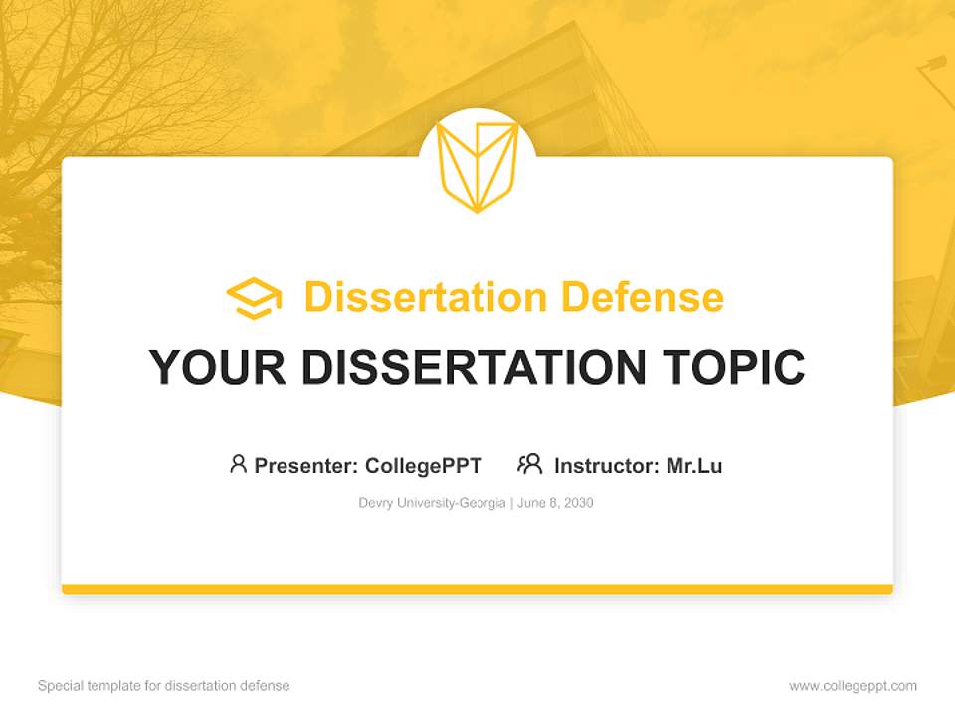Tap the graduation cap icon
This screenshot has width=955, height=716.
point(254,298)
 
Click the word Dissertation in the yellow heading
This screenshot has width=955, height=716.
point(425,297)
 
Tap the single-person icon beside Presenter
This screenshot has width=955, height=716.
point(238,464)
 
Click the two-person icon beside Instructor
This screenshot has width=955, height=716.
point(530,464)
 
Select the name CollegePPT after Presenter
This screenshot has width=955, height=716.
point(423,465)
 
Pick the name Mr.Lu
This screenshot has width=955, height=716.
point(694,465)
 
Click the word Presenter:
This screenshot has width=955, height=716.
point(306,465)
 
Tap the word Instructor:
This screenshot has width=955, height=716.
point(607,465)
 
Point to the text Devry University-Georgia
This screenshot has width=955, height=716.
point(432,503)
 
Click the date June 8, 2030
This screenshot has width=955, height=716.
point(555,503)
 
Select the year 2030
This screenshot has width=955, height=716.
point(577,503)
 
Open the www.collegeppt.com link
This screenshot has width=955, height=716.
point(853,686)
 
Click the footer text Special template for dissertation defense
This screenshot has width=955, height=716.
point(164,686)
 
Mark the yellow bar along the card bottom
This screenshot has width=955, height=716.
point(477,589)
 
